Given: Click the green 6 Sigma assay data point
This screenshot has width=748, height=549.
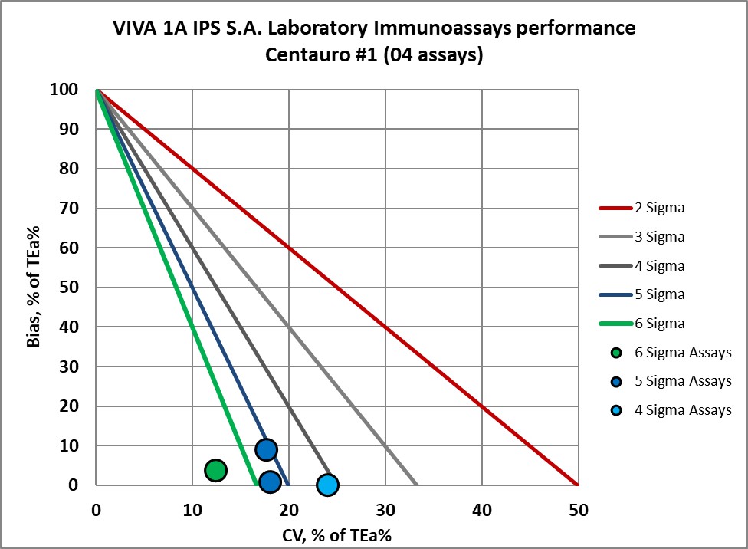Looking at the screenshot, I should pyautogui.click(x=215, y=470).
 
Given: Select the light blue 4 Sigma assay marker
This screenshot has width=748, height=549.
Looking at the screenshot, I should pyautogui.click(x=327, y=485).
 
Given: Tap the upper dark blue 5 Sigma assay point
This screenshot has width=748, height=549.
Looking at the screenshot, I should pyautogui.click(x=266, y=449).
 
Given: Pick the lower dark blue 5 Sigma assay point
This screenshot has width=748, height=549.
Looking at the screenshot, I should pyautogui.click(x=269, y=482).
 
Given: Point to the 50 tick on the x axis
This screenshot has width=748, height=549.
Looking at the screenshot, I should pyautogui.click(x=578, y=508).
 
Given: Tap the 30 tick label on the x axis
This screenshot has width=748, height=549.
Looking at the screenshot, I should pyautogui.click(x=385, y=508).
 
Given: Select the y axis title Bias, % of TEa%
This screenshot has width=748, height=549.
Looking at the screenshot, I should pyautogui.click(x=34, y=288).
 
